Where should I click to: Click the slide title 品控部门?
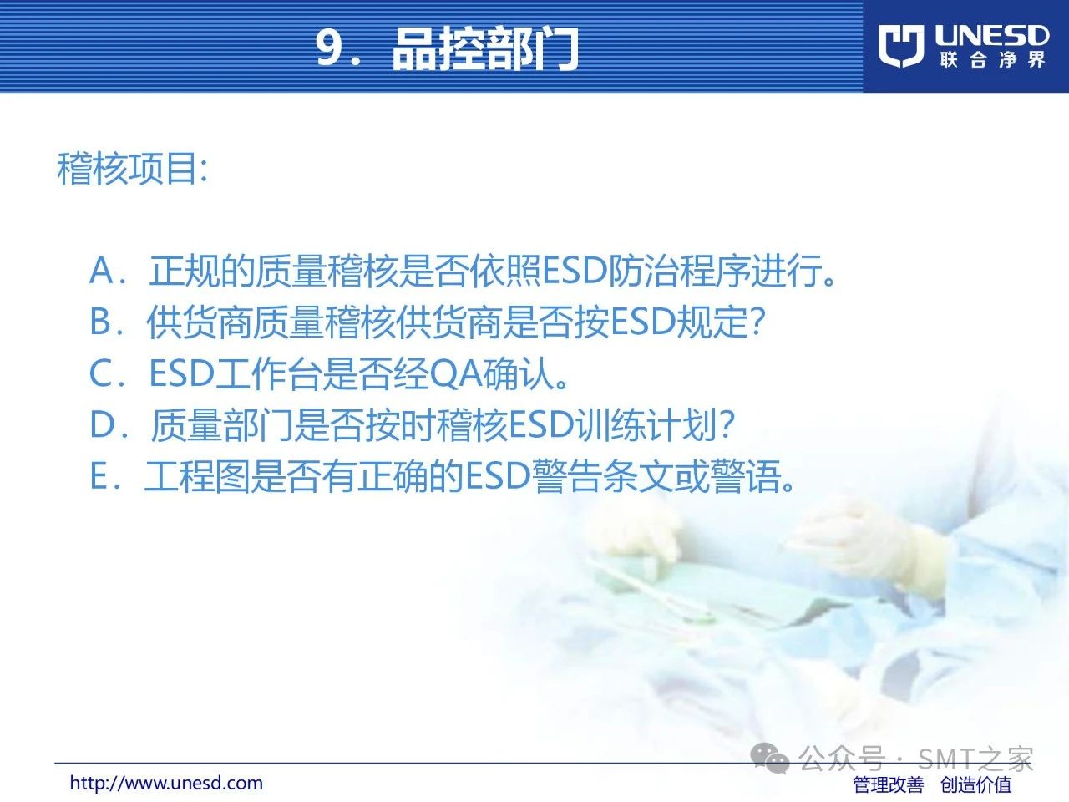pyautogui.click(x=485, y=48)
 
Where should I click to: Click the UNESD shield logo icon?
pyautogui.click(x=901, y=46)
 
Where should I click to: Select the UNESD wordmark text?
pyautogui.click(x=991, y=37)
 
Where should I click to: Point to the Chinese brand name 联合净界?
pyautogui.click(x=992, y=60)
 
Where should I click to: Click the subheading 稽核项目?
pyautogui.click(x=132, y=169)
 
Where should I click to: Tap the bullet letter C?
pyautogui.click(x=101, y=373)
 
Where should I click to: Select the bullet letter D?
pyautogui.click(x=102, y=424)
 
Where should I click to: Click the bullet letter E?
pyautogui.click(x=99, y=475)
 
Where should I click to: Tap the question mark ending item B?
pyautogui.click(x=757, y=322)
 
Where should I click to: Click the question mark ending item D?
pyautogui.click(x=726, y=424)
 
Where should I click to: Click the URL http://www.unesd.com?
pyautogui.click(x=166, y=783)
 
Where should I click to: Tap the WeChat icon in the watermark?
pyautogui.click(x=769, y=759)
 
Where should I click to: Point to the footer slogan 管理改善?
pyautogui.click(x=889, y=784)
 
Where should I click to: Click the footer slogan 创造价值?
pyautogui.click(x=976, y=784)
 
